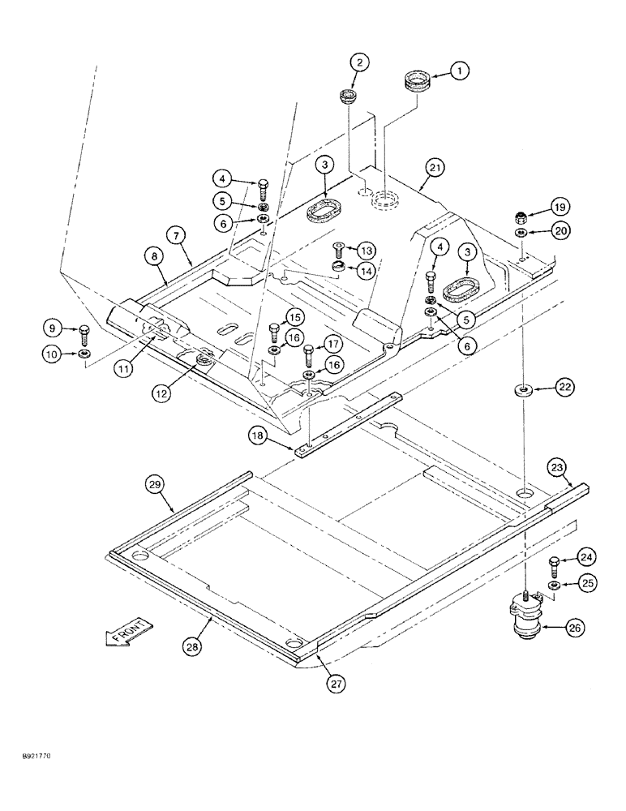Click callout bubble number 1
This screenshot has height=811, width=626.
[x=459, y=72]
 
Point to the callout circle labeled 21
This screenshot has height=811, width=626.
[x=434, y=169]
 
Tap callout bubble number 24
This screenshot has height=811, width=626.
[x=587, y=556]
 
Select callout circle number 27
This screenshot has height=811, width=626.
[x=336, y=684]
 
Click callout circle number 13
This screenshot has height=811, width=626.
[x=366, y=249]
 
